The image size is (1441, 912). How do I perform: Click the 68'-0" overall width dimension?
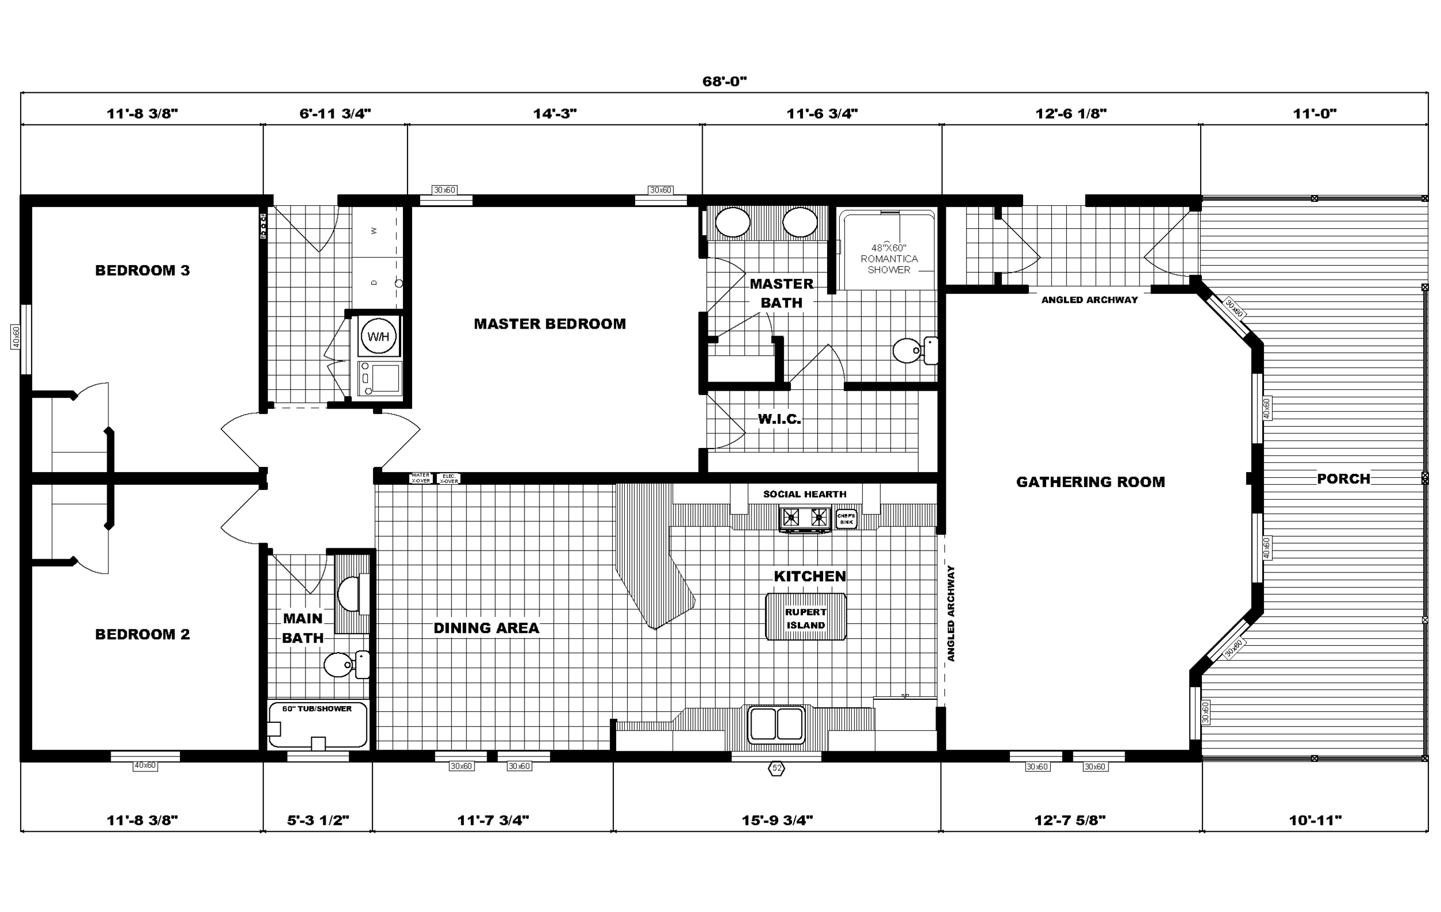[x=724, y=81]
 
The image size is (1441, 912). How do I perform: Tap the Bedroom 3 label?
[x=142, y=270]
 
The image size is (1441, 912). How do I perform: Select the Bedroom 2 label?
[x=142, y=634]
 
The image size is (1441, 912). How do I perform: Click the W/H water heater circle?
[x=378, y=337]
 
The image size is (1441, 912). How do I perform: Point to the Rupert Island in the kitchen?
[x=805, y=618]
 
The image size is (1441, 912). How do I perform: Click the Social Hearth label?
[x=804, y=494]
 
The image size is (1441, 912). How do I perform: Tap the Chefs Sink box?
[x=846, y=519]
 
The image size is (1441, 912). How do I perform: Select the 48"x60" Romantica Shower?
[x=889, y=258]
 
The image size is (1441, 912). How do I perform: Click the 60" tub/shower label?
[x=317, y=709]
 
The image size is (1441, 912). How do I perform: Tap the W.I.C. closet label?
[x=779, y=419]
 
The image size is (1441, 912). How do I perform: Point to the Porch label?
[x=1344, y=478]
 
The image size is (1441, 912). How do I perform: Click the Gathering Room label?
[x=1091, y=483]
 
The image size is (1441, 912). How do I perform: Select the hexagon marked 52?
[x=776, y=768]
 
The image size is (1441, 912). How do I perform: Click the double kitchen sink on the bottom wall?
[x=776, y=724]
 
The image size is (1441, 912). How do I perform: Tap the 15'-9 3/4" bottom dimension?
[x=777, y=820]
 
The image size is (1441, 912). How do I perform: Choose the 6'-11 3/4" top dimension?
[x=335, y=114]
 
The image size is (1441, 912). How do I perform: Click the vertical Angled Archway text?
[x=951, y=613]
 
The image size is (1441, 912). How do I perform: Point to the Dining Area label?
[x=486, y=628]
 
